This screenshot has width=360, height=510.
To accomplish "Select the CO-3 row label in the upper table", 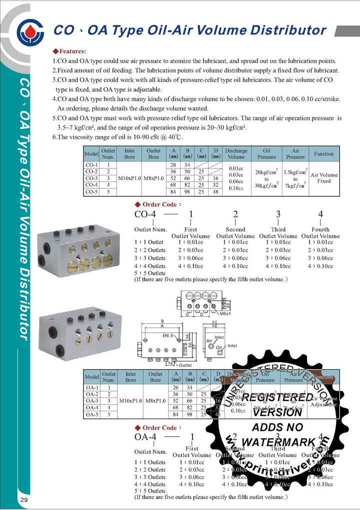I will pyautogui.click(x=91, y=178).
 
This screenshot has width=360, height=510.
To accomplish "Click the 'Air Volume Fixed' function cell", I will pyautogui.click(x=324, y=178).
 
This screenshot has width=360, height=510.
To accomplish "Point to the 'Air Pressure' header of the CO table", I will pyautogui.click(x=295, y=153).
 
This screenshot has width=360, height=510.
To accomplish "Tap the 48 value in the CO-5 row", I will pyautogui.click(x=215, y=191).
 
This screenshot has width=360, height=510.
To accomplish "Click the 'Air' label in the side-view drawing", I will pyautogui.click(x=209, y=341).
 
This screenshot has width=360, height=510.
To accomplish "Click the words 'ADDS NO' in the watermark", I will pyautogui.click(x=284, y=427).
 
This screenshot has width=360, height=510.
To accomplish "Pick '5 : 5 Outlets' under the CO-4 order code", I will pyautogui.click(x=149, y=273).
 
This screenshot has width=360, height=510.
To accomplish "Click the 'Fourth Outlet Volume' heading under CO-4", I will pyautogui.click(x=320, y=233).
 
